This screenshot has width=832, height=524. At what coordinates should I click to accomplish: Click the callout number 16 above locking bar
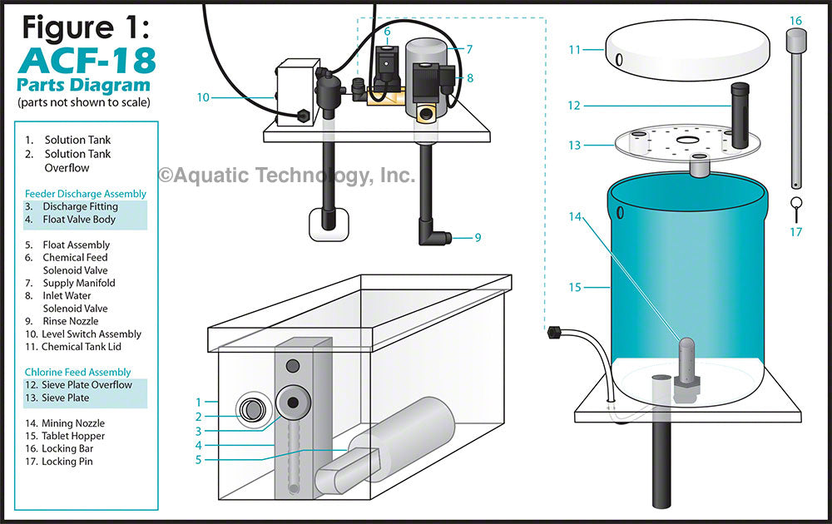(x=795, y=20)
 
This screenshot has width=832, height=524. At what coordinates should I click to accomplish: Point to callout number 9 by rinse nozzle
(x=478, y=238)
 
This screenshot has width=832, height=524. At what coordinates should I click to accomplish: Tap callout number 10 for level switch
(x=203, y=97)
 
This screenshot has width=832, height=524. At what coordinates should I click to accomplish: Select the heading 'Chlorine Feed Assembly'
(x=77, y=372)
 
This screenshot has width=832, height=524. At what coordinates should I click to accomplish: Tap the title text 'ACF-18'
(x=85, y=62)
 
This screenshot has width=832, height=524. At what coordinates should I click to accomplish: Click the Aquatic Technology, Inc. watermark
(x=286, y=175)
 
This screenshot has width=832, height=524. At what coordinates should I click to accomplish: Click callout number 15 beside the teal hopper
(x=576, y=288)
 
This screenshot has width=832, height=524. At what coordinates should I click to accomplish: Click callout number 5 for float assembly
(x=198, y=458)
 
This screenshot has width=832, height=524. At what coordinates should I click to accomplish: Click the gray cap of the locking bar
(x=796, y=39)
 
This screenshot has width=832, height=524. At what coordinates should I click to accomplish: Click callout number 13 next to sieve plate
(x=575, y=145)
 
